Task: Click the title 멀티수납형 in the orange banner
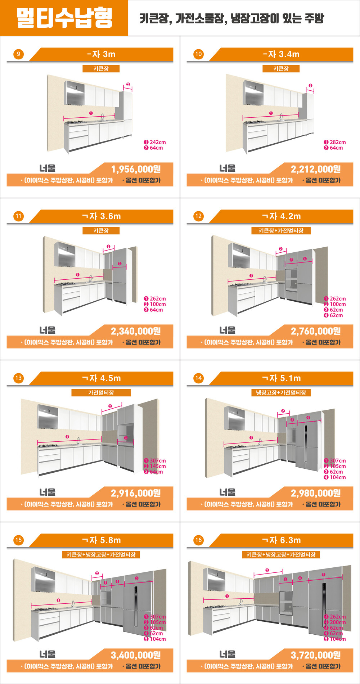point(64,18)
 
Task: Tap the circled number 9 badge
point(18,54)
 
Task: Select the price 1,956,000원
point(136,169)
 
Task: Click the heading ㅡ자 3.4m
point(281,54)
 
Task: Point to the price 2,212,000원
point(316,169)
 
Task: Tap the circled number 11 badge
point(18,216)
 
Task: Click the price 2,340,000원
point(136,331)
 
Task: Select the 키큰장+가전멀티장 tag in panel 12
point(281,231)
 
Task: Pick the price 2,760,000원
point(316,331)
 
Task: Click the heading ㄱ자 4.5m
point(102,378)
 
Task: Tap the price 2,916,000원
point(136,493)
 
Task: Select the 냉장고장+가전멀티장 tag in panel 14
point(281,393)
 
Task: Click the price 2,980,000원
point(316,493)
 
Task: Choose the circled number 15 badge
point(18,540)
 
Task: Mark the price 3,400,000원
point(136,655)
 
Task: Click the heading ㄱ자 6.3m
point(282,540)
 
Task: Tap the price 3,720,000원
point(316,655)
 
